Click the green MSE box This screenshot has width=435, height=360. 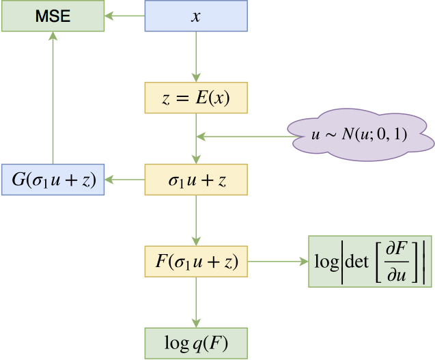(x=53, y=15)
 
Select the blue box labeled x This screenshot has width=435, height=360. (x=196, y=15)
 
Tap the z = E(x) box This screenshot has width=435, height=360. (x=196, y=98)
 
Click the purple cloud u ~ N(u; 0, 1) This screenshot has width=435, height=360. (x=360, y=136)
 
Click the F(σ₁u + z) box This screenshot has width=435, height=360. (x=196, y=261)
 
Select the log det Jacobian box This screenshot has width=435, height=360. (x=370, y=261)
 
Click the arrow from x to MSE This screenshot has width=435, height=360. (x=125, y=15)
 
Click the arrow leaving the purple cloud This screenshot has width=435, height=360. (x=242, y=137)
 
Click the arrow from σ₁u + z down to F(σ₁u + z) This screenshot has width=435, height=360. (x=196, y=220)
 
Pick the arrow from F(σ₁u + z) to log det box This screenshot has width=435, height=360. (x=277, y=261)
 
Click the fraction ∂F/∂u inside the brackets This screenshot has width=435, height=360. (x=394, y=261)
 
